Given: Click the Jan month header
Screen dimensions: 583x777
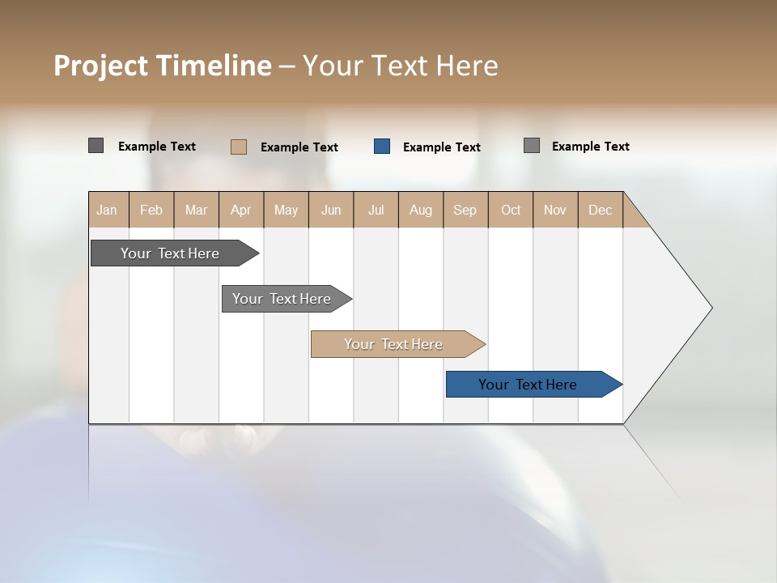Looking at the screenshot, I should (x=108, y=210).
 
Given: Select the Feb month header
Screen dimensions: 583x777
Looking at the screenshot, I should (x=151, y=210).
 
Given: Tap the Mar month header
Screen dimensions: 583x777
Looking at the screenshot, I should (x=196, y=210).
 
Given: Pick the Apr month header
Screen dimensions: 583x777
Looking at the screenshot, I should (x=241, y=210).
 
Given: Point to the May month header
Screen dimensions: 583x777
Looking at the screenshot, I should (x=286, y=210).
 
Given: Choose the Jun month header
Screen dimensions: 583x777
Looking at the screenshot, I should (x=331, y=210).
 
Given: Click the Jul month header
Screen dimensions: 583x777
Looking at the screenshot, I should (x=376, y=210).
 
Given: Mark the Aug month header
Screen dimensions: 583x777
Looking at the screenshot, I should (x=421, y=210).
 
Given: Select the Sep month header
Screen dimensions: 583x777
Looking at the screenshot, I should (x=465, y=210).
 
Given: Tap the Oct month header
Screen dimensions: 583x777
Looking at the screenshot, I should (x=511, y=210).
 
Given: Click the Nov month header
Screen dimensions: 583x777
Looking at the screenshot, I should (x=555, y=210).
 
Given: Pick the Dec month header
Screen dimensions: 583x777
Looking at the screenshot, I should (x=601, y=210).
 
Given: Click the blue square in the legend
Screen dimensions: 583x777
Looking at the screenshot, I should (x=382, y=147).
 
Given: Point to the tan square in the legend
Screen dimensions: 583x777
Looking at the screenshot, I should (x=239, y=147).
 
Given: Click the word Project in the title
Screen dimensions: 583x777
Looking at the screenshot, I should (x=101, y=66).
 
